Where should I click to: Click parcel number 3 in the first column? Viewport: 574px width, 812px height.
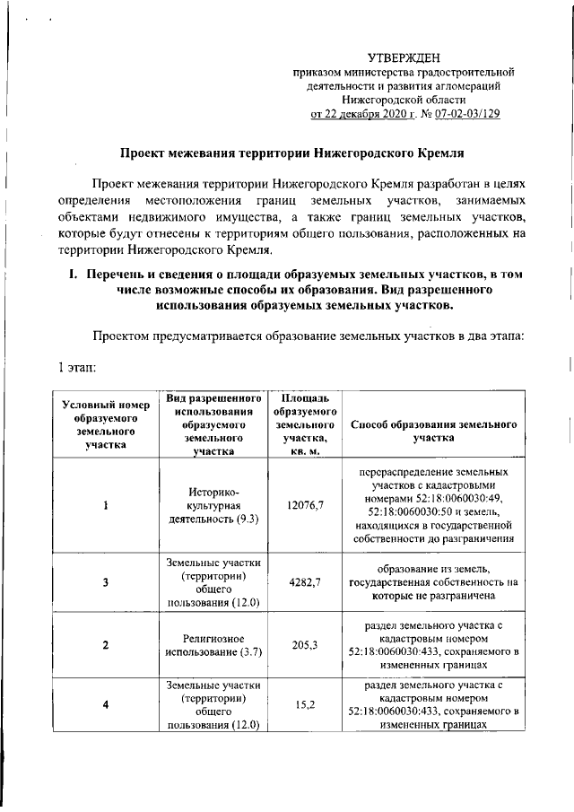(105, 582)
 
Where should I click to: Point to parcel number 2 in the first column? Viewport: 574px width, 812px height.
(105, 645)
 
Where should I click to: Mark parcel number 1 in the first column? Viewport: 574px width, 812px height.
(105, 505)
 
